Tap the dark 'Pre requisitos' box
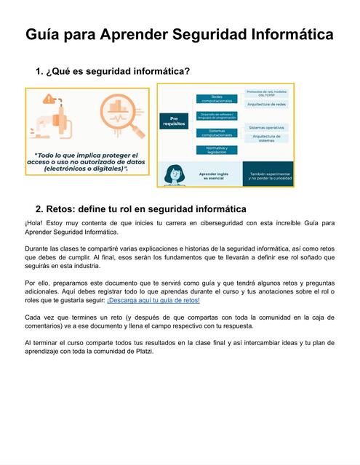tap(173, 120)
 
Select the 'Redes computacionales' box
tap(217, 99)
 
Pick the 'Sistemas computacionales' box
tap(217, 133)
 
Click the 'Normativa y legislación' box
tap(217, 150)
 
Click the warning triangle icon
tap(50, 98)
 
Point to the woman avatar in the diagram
tap(175, 174)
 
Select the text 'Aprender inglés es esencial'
tap(217, 175)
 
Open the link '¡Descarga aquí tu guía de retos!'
tap(153, 299)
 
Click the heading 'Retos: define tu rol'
tap(141, 209)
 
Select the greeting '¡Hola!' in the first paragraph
tap(34, 223)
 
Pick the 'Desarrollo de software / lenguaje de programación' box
tap(217, 116)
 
